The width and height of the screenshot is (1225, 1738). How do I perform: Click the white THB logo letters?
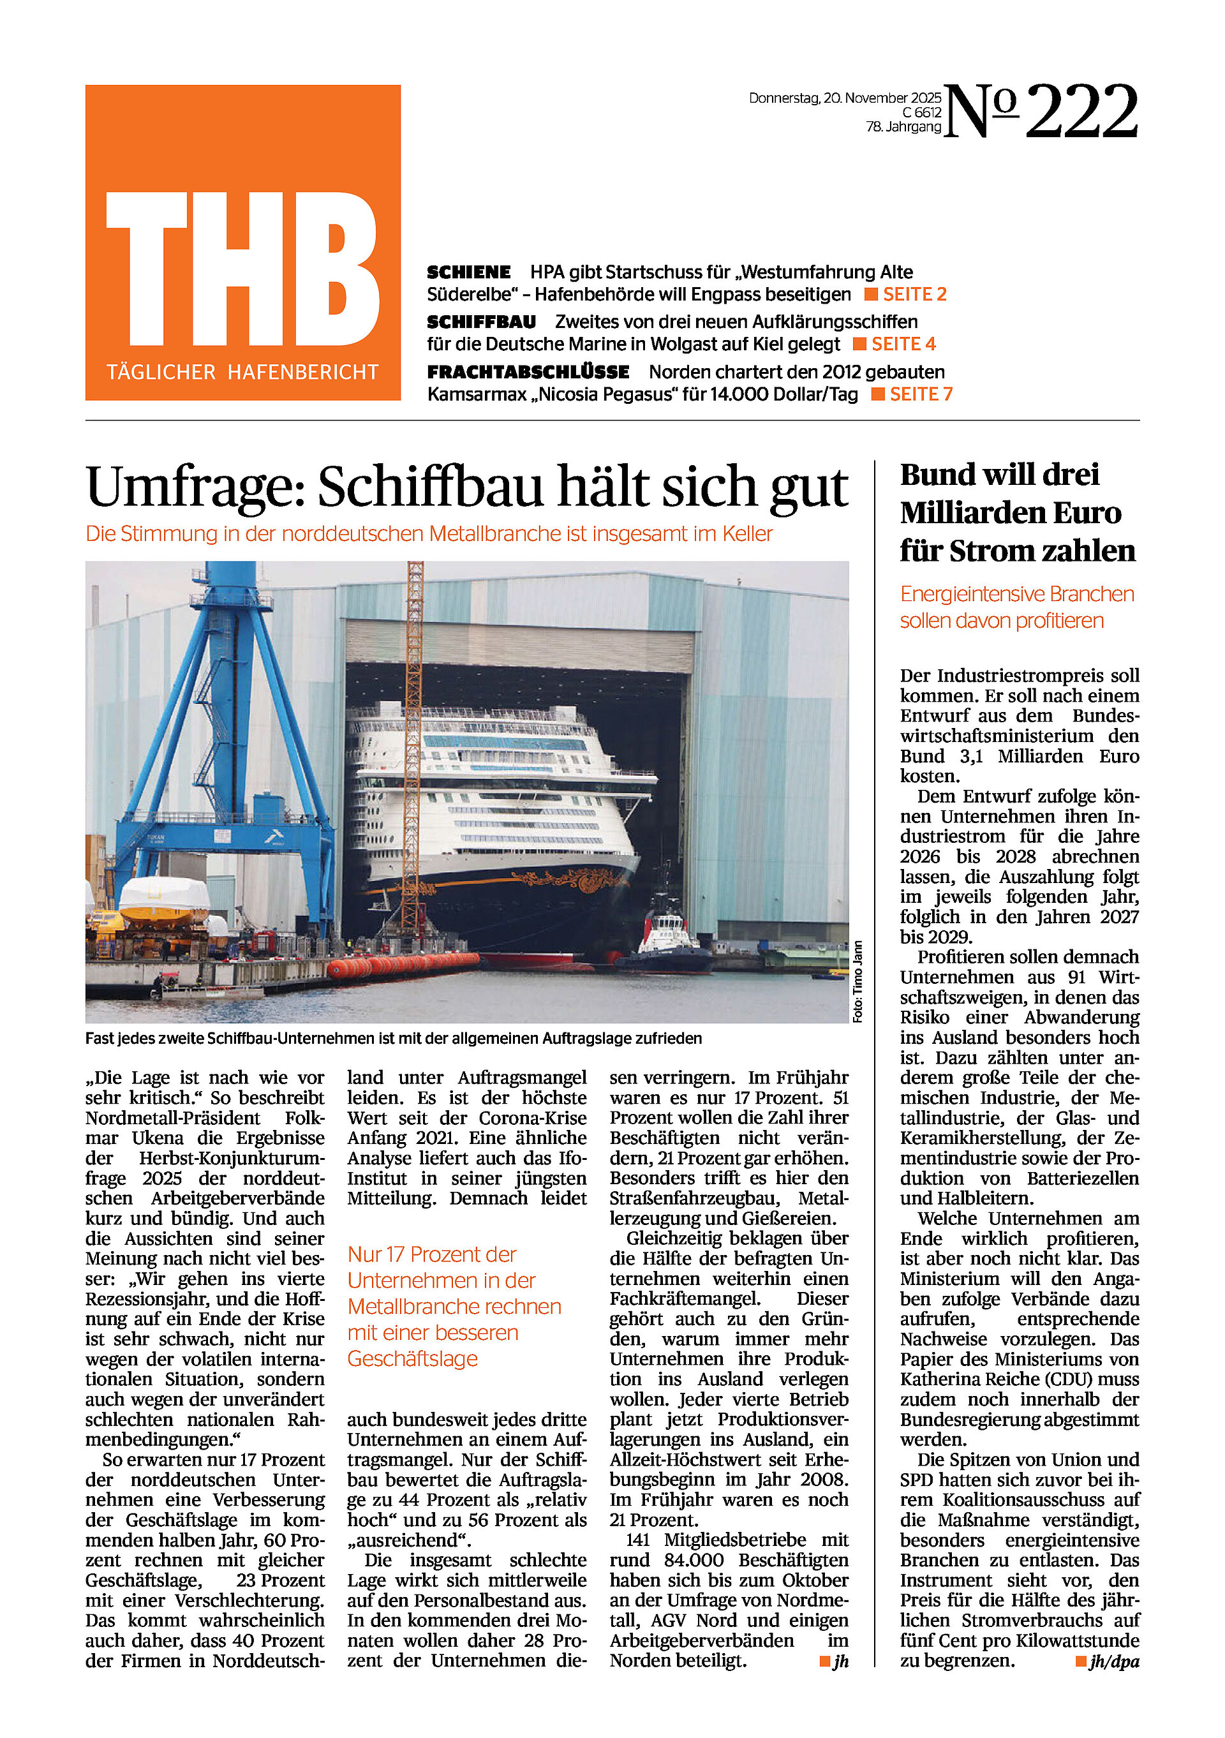click(x=242, y=268)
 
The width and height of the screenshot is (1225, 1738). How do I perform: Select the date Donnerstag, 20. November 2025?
click(x=844, y=98)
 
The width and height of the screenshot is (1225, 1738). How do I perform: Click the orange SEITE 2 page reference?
click(x=914, y=295)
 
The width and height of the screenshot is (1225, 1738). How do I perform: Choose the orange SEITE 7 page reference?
click(x=921, y=394)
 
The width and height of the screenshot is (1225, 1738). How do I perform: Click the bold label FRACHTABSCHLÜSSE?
click(x=528, y=372)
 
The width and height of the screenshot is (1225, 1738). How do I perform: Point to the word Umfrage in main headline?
click(x=195, y=487)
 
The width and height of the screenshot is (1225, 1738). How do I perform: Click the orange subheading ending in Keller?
click(x=429, y=533)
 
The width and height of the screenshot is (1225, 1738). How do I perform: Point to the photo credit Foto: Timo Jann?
click(x=857, y=981)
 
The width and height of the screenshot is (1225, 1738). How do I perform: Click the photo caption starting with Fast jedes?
click(x=393, y=1039)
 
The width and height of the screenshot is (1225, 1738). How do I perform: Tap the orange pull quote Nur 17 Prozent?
click(x=454, y=1306)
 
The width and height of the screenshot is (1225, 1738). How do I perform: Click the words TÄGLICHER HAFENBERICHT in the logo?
click(x=242, y=372)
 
